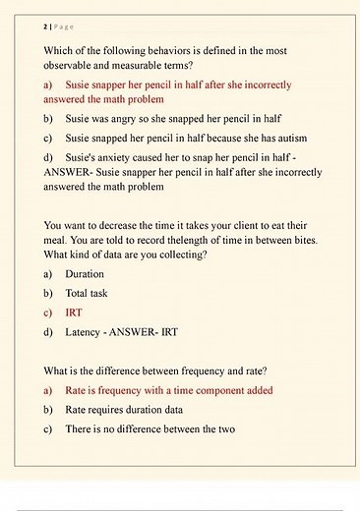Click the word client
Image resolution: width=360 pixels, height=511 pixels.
point(261,224)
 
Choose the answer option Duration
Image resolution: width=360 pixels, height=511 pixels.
point(85,274)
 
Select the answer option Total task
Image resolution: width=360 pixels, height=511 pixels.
point(87,293)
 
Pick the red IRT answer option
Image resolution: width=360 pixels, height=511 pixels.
point(74,312)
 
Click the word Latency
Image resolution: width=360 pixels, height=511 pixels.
point(86,332)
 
